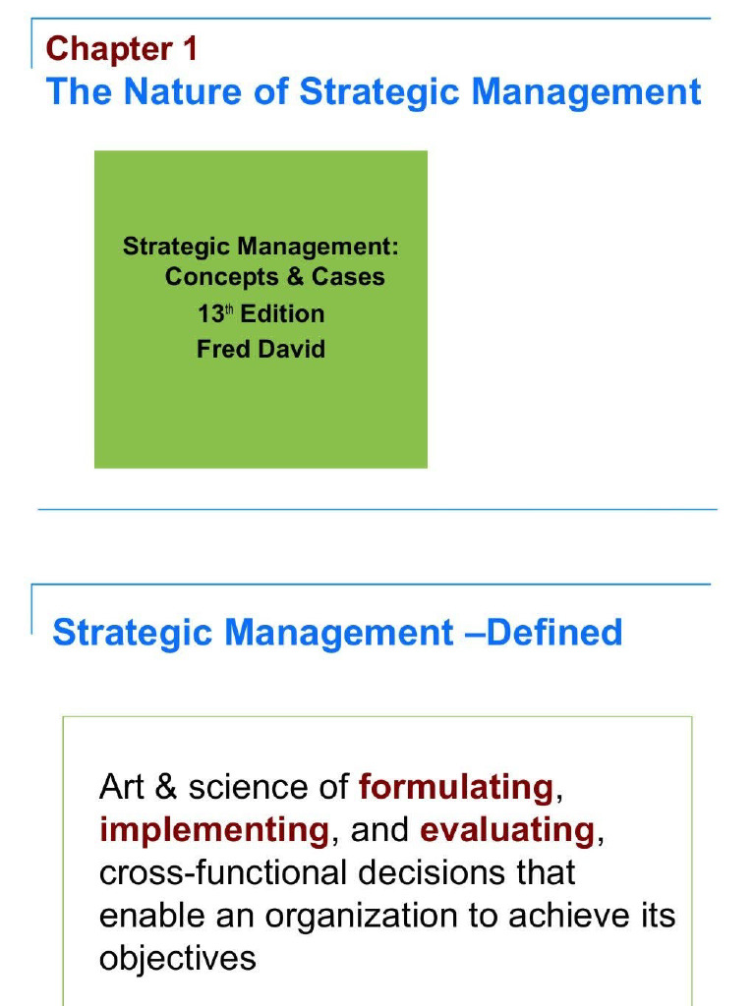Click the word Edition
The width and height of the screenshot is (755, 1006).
point(283,314)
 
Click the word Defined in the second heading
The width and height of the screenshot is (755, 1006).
point(554,632)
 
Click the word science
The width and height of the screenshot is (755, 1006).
point(246,787)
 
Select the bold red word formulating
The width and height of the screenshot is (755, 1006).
point(456,787)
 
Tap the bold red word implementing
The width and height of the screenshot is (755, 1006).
point(213,830)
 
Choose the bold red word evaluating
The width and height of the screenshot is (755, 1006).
point(507,830)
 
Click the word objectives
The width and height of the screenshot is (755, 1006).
point(178,959)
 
